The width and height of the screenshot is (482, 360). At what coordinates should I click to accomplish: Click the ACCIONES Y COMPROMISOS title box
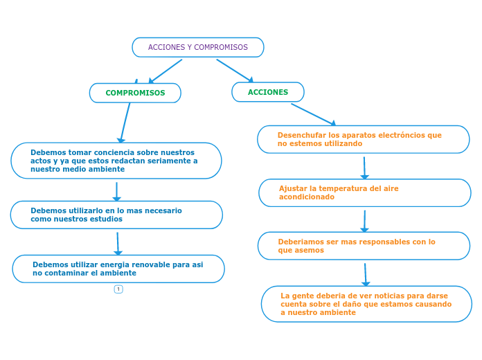pos(198,47)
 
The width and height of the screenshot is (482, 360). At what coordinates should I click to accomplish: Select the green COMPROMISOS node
pos(135,93)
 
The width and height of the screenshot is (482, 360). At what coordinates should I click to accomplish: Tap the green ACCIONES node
pos(268,92)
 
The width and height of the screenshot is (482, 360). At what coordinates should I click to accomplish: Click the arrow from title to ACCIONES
pos(235,71)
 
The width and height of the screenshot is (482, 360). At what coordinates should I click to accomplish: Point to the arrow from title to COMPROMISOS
pos(166,71)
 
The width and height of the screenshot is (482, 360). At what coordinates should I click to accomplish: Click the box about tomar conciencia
pos(116,161)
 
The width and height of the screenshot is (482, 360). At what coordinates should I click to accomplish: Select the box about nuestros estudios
pos(116,215)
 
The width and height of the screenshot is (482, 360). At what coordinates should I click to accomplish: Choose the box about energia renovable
pos(118,269)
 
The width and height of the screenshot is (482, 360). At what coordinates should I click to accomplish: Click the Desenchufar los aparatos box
pos(363,139)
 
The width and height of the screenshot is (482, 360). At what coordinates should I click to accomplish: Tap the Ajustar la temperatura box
pos(364,192)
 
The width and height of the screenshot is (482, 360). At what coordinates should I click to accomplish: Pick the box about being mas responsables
pos(364,246)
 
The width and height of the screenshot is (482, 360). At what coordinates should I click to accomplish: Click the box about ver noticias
pos(366,304)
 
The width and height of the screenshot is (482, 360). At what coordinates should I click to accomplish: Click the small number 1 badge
pos(118,289)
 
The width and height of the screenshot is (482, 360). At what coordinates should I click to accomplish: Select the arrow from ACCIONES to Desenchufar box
pos(313,114)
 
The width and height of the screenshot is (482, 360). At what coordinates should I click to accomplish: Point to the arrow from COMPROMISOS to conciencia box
pos(125,122)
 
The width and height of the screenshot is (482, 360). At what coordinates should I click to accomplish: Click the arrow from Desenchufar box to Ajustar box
pos(364,167)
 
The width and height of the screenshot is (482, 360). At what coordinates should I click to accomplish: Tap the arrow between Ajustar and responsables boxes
pos(364,220)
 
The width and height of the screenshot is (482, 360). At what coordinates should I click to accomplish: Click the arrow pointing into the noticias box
pos(366,274)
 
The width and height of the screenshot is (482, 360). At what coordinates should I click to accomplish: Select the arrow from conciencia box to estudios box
pos(116,191)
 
